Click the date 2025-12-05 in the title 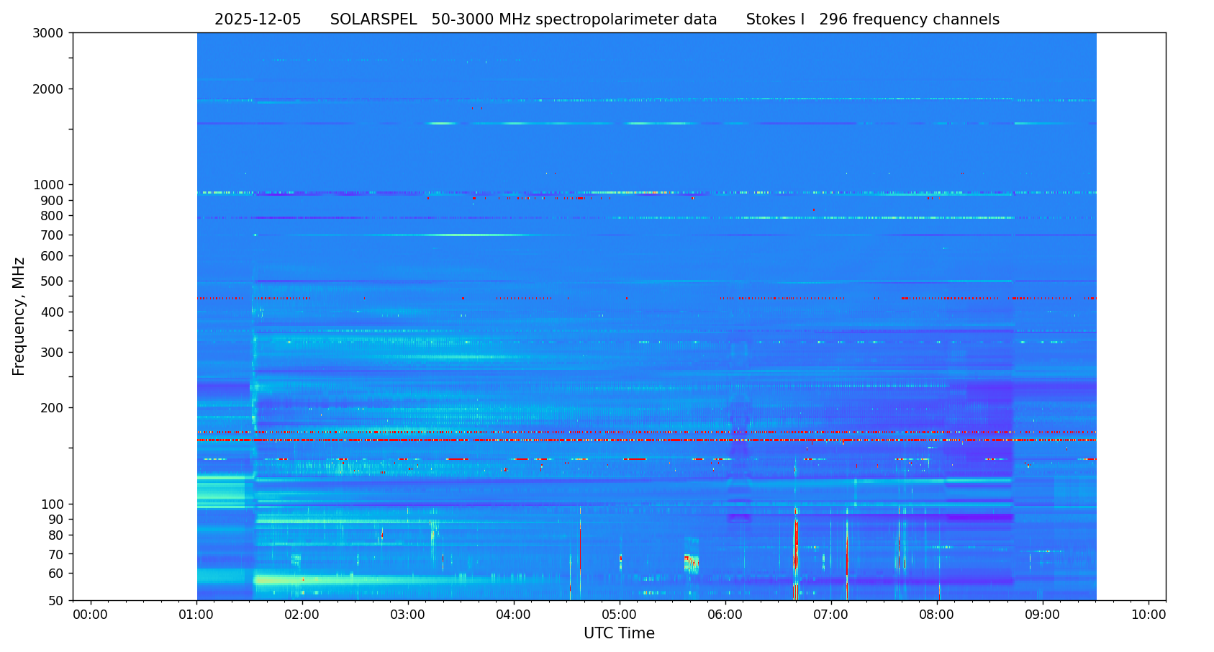[258, 20]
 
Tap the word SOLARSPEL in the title [373, 20]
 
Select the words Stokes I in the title [775, 20]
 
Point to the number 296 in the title [833, 20]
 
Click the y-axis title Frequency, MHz [19, 316]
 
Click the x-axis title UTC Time [619, 634]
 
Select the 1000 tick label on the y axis [48, 185]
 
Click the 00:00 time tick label [91, 615]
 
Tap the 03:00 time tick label [408, 615]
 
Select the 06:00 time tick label [725, 615]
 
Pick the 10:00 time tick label [1149, 615]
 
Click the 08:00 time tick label [937, 615]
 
